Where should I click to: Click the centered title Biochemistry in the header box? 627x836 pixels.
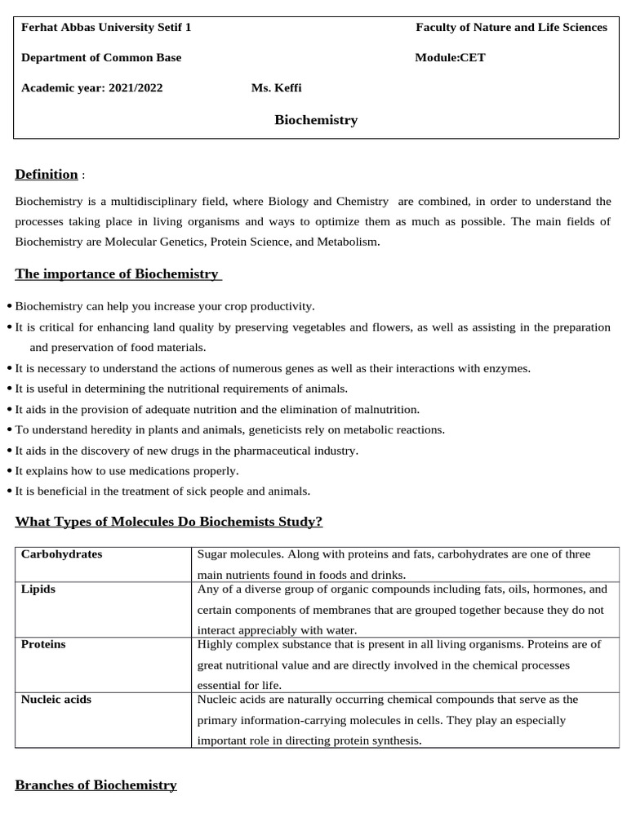pyautogui.click(x=316, y=120)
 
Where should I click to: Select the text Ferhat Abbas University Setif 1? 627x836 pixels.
pyautogui.click(x=106, y=27)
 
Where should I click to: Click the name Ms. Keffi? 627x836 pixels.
pyautogui.click(x=276, y=88)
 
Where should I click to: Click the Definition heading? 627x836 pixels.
pyautogui.click(x=47, y=174)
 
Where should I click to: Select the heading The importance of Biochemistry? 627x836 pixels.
pyautogui.click(x=118, y=273)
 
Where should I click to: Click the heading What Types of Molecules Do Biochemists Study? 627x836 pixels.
pyautogui.click(x=169, y=521)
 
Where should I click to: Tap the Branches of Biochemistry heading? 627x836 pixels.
pyautogui.click(x=96, y=785)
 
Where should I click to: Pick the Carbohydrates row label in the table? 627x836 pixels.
pyautogui.click(x=61, y=554)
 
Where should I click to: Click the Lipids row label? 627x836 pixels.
pyautogui.click(x=38, y=589)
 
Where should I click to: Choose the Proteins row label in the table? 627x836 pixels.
pyautogui.click(x=43, y=644)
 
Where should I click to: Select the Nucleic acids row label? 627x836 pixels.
pyautogui.click(x=56, y=700)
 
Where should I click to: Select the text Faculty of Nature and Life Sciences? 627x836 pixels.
pyautogui.click(x=511, y=27)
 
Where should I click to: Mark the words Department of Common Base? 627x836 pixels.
pyautogui.click(x=101, y=57)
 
